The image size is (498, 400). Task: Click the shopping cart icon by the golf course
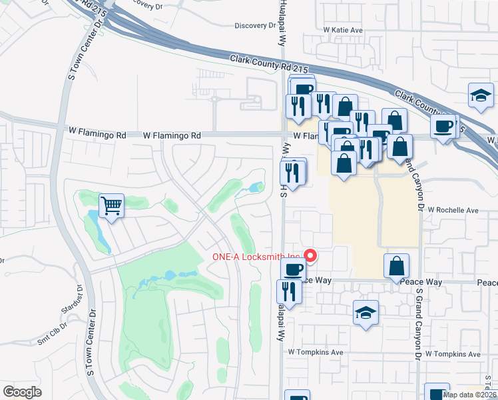click(111, 205)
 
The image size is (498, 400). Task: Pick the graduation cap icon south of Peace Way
click(366, 313)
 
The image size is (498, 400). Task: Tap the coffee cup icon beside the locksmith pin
click(292, 270)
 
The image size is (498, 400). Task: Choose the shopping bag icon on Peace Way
click(396, 265)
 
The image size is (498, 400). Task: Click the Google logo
click(22, 391)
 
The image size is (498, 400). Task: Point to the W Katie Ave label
click(343, 30)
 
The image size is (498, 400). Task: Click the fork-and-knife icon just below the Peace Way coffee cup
click(288, 292)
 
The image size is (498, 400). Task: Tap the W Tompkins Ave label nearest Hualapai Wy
click(315, 352)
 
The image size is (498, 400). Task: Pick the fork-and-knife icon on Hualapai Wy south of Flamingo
click(293, 173)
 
